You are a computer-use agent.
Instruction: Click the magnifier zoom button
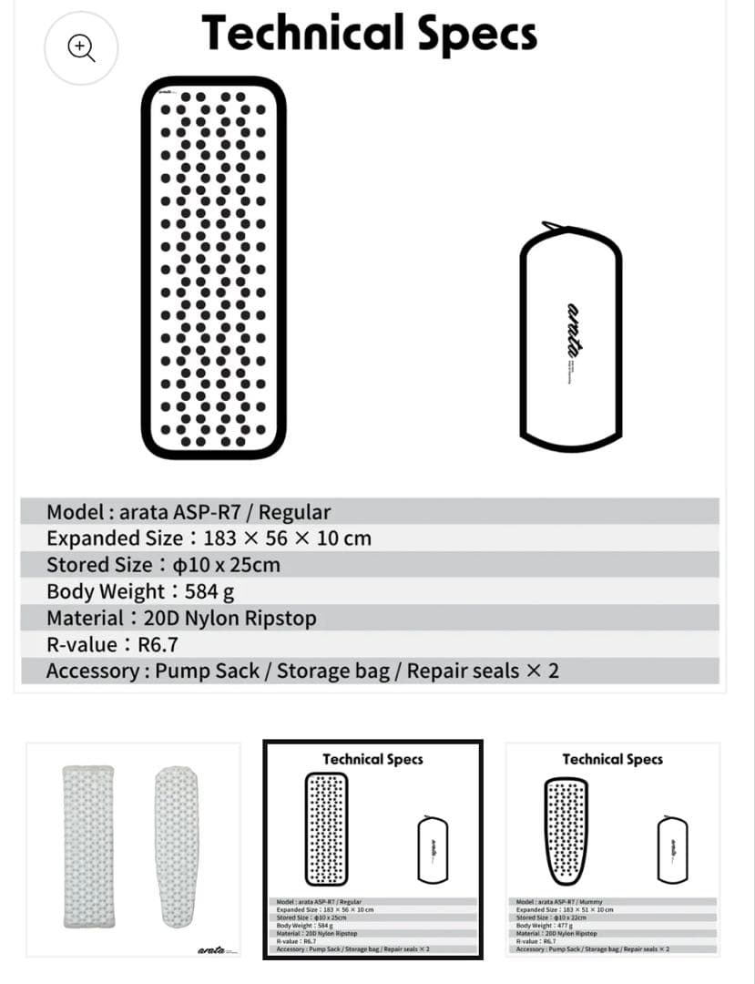pos(82,48)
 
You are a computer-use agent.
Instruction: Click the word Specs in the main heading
pos(477,34)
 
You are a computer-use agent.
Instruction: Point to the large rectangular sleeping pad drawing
pos(214,267)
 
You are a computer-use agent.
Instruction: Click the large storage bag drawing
pos(571,337)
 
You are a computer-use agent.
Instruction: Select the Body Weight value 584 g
pos(209,591)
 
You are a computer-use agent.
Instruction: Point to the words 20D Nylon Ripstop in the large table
pos(230,618)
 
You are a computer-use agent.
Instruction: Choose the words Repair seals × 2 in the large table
pos(483,671)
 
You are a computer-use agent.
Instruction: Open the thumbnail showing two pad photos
pos(133,849)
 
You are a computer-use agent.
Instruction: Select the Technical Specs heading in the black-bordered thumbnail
pos(372,759)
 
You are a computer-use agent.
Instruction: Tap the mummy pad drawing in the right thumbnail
pos(566,829)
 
